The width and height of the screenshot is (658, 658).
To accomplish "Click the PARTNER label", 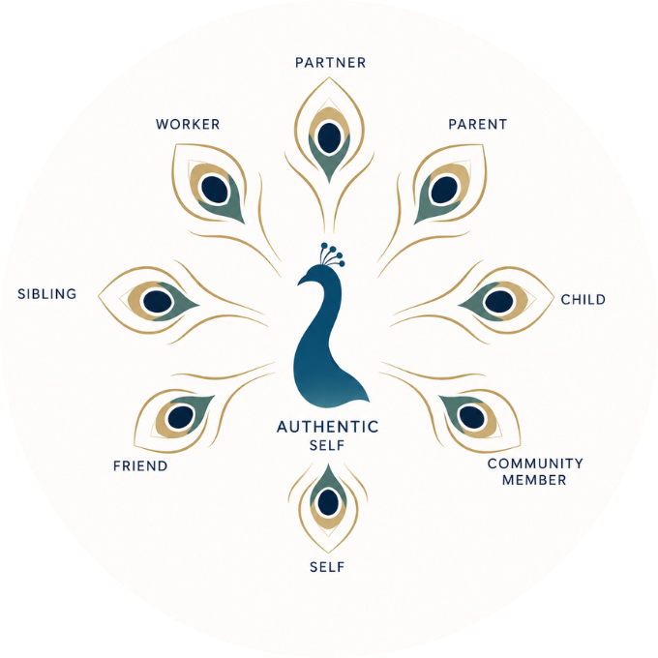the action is click(330, 63).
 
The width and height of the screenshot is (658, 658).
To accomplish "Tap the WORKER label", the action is click(188, 124).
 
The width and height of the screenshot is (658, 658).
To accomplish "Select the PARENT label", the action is click(478, 124).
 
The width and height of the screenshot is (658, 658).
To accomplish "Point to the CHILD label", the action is click(583, 299).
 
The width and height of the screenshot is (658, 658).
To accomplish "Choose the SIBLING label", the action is click(47, 294).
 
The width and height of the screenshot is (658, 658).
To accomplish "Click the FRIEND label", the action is click(140, 465).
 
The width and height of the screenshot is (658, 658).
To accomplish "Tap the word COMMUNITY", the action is click(535, 464).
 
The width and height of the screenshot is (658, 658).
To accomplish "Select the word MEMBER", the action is click(534, 480).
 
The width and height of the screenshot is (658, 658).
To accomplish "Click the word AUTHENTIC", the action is click(327, 427).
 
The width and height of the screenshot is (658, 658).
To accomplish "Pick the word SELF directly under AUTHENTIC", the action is click(327, 445).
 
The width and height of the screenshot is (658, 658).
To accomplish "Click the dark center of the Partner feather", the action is click(329, 137).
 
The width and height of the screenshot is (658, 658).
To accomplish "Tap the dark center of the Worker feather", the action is click(215, 190).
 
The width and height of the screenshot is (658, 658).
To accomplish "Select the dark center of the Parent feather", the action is click(444, 190).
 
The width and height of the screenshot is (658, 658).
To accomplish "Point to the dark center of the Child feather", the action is click(498, 301).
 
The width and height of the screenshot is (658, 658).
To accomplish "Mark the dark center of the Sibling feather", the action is click(158, 301).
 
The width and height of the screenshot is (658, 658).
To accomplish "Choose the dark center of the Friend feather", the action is click(180, 417).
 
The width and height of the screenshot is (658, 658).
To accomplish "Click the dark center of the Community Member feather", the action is click(472, 417).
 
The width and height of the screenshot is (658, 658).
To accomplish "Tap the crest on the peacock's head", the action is click(332, 254).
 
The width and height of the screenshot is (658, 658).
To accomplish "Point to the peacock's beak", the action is click(301, 281).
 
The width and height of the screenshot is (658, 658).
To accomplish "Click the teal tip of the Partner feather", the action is click(329, 177).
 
